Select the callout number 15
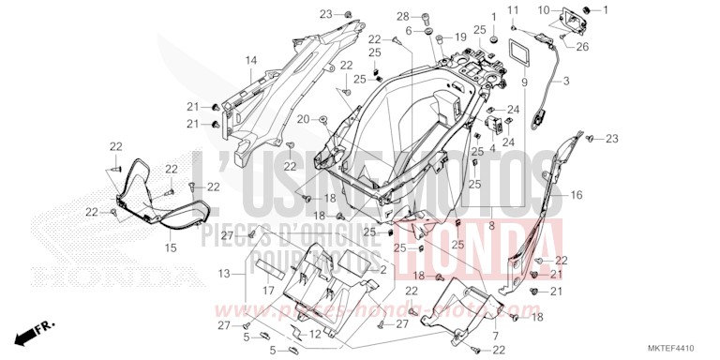click(x=170, y=247)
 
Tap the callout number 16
click(x=577, y=195)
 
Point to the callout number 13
click(x=223, y=273)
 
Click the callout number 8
click(x=490, y=225)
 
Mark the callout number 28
click(x=427, y=17)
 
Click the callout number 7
click(x=494, y=334)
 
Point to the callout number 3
click(x=565, y=82)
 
